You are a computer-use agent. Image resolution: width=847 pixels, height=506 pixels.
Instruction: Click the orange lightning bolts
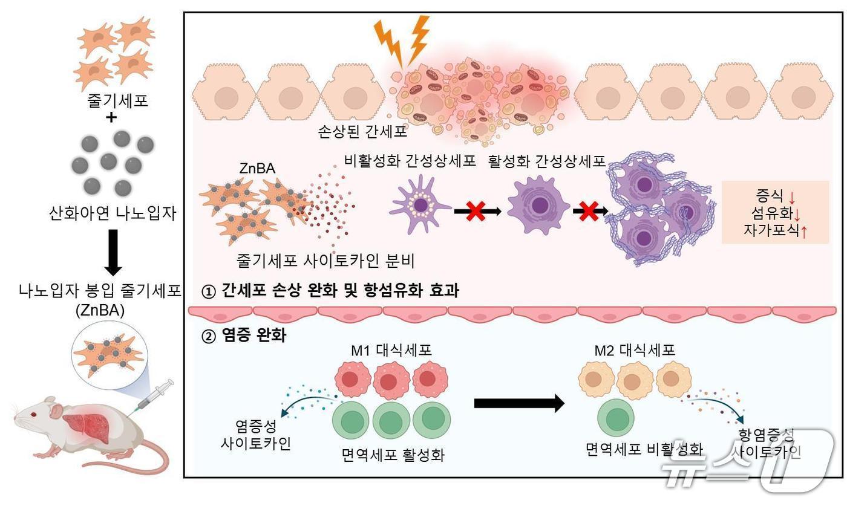pos(402,41)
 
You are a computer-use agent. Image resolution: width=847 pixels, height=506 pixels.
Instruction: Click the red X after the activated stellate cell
pos(586,211)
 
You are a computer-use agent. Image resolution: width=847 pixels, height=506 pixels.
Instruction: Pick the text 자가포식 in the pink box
pos(765,230)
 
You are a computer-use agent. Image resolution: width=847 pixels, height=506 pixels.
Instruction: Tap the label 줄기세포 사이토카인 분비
pos(325,261)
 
